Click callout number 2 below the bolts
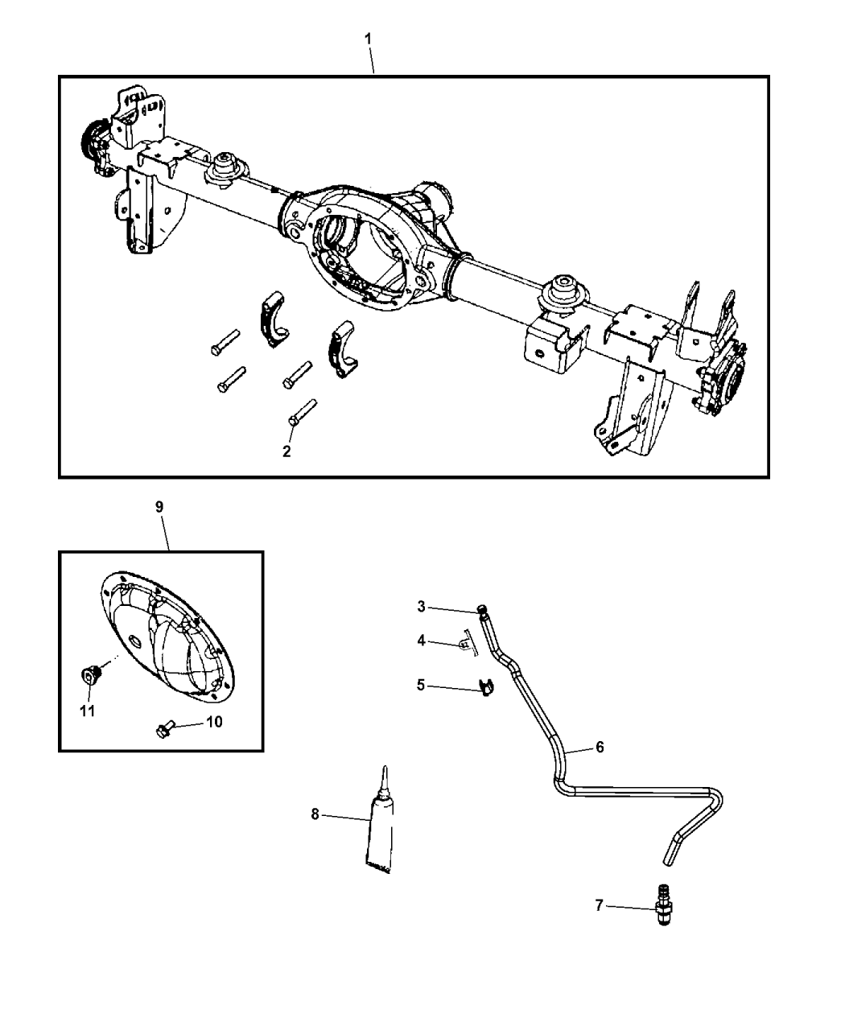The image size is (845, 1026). coord(286,451)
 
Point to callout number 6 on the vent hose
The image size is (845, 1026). coord(600,747)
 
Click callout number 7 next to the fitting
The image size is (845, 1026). coord(599,906)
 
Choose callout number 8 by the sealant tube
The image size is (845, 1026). coord(315,814)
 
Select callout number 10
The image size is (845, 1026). coord(214,722)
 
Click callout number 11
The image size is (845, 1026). coord(86,711)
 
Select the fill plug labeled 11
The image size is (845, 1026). coord(91,673)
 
